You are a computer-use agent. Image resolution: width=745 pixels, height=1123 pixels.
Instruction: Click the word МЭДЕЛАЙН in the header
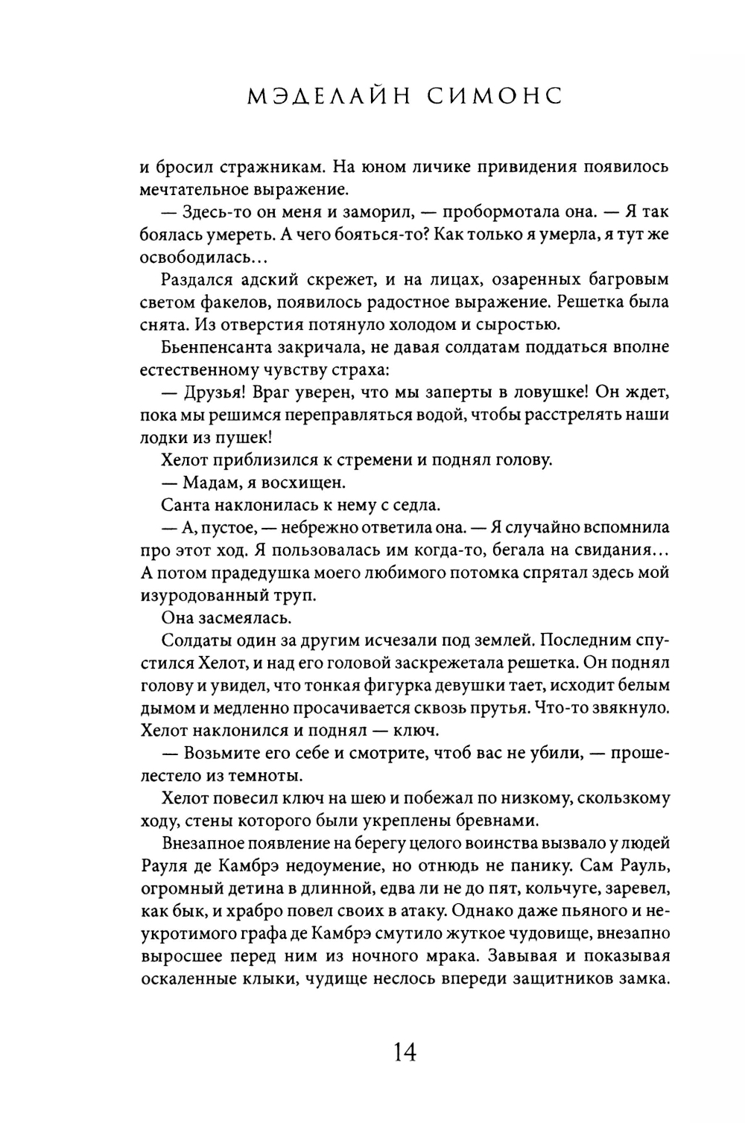[x=317, y=97]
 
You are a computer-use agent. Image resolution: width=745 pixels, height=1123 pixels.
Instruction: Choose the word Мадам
[x=205, y=483]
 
